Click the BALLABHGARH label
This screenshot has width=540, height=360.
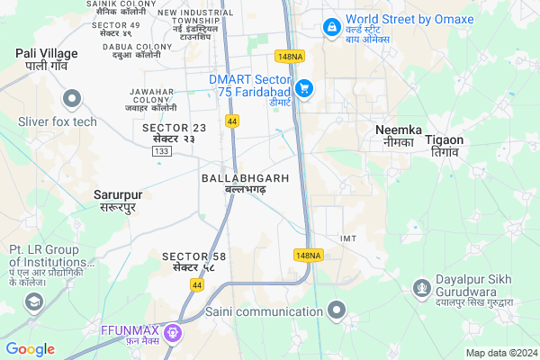tap(245, 184)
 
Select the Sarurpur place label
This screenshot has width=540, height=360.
tap(118, 200)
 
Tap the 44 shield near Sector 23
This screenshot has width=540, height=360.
tap(232, 121)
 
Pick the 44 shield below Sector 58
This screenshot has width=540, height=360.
tap(196, 284)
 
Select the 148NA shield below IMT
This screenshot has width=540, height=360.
tap(307, 256)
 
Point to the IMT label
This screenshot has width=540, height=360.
tap(349, 238)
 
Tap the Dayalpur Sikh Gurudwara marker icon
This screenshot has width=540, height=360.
tap(421, 287)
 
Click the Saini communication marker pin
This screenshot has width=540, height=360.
tap(337, 311)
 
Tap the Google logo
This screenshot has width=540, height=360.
tap(30, 349)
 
